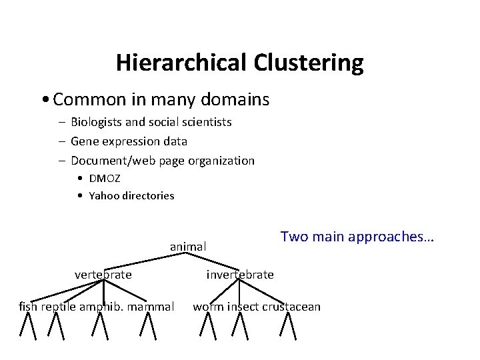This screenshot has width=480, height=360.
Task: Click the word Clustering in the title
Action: [308, 63]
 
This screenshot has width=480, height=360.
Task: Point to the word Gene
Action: [83, 141]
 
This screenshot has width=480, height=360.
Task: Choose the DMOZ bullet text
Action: [105, 179]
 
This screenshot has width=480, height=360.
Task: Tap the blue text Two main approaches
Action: [357, 237]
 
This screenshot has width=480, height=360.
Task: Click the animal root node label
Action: [188, 247]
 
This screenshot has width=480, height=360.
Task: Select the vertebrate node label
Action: [103, 275]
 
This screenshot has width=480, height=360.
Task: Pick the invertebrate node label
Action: [240, 275]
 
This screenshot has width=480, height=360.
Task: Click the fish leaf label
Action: [28, 307]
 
